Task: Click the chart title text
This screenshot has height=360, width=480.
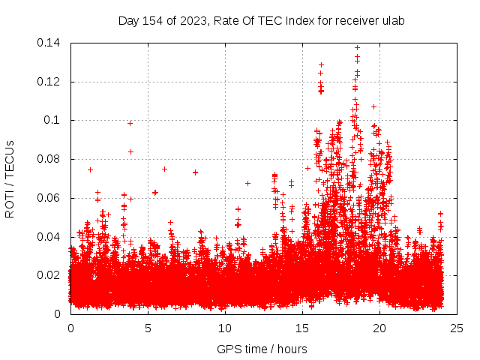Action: pos(261,20)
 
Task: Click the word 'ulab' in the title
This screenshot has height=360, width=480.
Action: pos(391,20)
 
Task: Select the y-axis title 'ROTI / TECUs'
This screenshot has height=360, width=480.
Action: pos(10,178)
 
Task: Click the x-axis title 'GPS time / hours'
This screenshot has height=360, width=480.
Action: pos(261,349)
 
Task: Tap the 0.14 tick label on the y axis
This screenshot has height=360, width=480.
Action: pos(50,43)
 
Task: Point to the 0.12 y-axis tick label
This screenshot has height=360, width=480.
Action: pos(50,82)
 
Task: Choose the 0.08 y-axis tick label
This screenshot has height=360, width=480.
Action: pos(50,159)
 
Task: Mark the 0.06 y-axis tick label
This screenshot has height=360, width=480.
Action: pos(50,198)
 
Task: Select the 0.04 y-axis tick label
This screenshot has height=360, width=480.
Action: pos(50,237)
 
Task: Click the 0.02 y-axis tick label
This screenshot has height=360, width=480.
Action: pos(50,275)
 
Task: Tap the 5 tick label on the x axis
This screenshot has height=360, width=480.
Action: pos(148,328)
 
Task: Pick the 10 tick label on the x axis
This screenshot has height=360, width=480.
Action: pos(225,328)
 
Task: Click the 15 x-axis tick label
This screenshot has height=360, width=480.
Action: pos(302,328)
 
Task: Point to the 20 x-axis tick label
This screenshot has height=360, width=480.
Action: pos(379,328)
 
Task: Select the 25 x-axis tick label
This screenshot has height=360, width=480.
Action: pos(457,328)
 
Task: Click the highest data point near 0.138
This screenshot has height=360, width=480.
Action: pos(357,47)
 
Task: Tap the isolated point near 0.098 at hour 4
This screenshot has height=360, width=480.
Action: pos(130,123)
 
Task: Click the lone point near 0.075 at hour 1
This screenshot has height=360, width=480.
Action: pos(90,169)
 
